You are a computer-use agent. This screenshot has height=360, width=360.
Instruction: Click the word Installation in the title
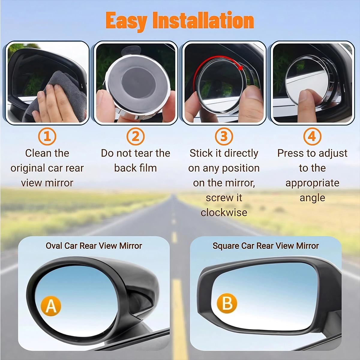pos(203,20)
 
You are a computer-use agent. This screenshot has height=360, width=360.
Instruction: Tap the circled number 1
pos(47,136)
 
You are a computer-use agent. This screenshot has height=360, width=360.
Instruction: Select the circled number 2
pos(136,136)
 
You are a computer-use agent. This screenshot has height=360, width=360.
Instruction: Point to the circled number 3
pos(224,136)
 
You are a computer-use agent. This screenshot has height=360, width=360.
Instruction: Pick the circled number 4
pos(312,136)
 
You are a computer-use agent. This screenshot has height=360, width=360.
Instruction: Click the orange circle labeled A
pos(51,306)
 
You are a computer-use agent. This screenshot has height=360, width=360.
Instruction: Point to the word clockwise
pos(224,212)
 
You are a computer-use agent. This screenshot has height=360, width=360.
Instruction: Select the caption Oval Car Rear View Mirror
pos(94,246)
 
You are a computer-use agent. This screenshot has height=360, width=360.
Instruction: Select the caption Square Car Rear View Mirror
pos(265,246)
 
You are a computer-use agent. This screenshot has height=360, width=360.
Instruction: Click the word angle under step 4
pos(312,198)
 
